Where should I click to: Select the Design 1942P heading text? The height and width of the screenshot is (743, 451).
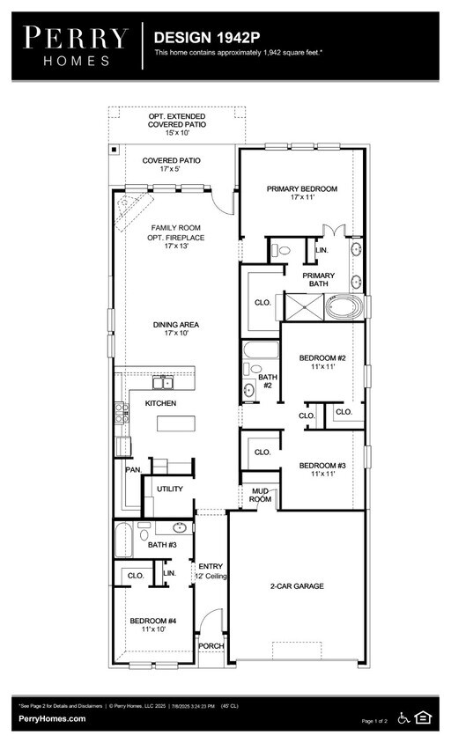click(x=207, y=38)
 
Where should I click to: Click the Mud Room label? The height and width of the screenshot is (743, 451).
click(x=260, y=495)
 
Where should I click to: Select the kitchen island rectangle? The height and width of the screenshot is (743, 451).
click(x=177, y=423)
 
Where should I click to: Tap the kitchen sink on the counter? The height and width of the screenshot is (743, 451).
click(x=162, y=382)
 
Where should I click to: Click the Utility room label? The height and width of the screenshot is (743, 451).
click(x=169, y=489)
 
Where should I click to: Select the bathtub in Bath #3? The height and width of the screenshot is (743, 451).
click(x=123, y=539)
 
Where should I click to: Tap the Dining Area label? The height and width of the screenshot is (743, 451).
click(x=176, y=327)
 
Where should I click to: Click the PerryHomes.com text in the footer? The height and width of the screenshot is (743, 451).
click(x=52, y=719)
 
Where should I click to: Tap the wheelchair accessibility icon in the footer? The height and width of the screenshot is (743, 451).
click(x=404, y=717)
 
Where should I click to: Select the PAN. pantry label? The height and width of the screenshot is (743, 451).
click(x=133, y=469)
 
